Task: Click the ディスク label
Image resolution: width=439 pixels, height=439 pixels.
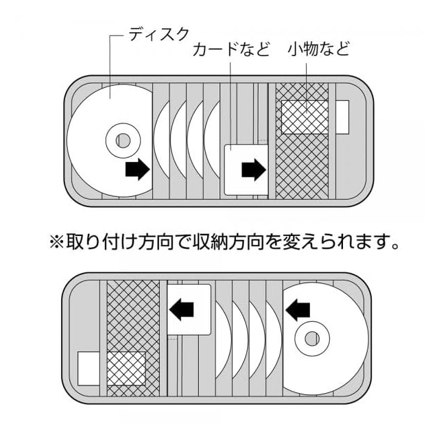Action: pyautogui.click(x=158, y=34)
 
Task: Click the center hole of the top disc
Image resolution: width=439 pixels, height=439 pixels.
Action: pyautogui.click(x=123, y=141)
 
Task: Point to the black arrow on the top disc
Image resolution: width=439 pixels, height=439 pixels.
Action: pyautogui.click(x=138, y=169)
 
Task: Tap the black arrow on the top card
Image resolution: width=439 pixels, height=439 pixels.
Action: pyautogui.click(x=253, y=169)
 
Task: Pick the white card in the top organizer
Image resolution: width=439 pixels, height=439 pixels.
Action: pyautogui.click(x=244, y=168)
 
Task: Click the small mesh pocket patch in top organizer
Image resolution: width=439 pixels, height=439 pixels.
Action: pyautogui.click(x=305, y=117)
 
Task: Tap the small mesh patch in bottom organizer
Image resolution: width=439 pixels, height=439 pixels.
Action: pyautogui.click(x=126, y=370)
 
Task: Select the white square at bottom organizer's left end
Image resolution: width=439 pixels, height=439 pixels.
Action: pyautogui.click(x=88, y=368)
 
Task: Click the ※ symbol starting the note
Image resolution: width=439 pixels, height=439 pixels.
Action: pyautogui.click(x=56, y=241)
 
